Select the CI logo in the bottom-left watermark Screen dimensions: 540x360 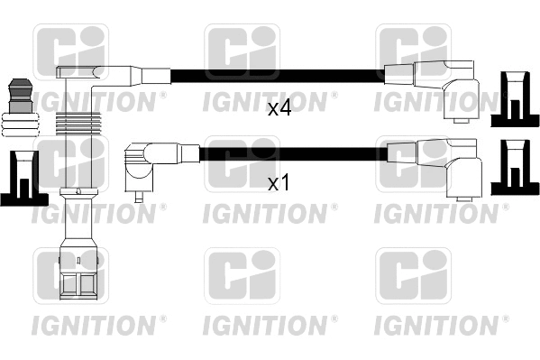coord(70,275)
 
